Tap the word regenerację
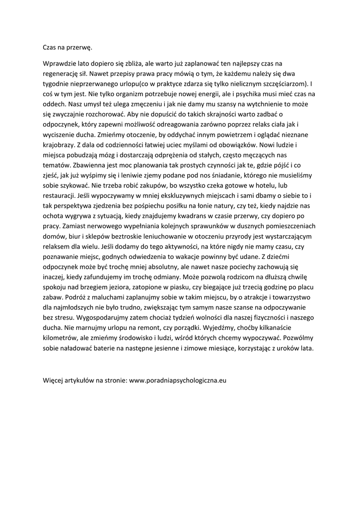tap(63, 74)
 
